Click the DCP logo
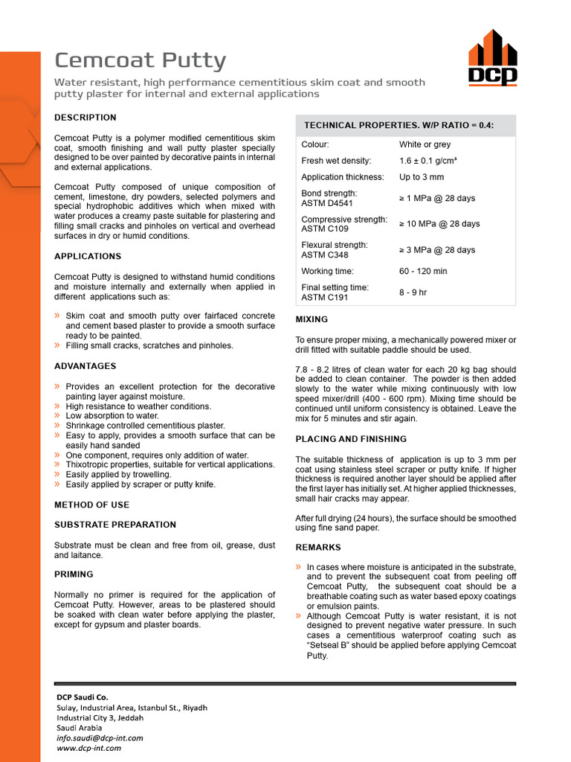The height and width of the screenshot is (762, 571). (492, 57)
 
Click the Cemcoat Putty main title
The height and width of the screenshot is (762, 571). (141, 61)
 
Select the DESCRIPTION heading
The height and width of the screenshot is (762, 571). (86, 118)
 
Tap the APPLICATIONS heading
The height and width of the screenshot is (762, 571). (88, 257)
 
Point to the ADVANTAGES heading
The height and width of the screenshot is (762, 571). (86, 366)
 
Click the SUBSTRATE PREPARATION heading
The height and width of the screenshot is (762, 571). (115, 525)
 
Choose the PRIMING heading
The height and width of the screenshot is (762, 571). (74, 574)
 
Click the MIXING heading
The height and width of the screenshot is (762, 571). (312, 319)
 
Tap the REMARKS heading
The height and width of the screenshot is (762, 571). (318, 548)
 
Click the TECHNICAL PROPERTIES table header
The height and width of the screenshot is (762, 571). (399, 125)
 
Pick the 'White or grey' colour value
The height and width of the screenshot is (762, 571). (425, 144)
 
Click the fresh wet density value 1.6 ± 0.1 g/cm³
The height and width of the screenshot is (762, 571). (428, 161)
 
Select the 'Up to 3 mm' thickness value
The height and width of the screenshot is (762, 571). (422, 177)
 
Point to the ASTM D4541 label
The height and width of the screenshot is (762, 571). (327, 203)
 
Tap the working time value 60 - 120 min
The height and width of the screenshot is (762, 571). (423, 272)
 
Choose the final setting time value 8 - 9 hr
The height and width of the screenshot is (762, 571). (413, 292)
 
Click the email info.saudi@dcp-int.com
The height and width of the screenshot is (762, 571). (100, 738)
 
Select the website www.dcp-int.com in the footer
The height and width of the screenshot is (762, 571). (89, 748)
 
